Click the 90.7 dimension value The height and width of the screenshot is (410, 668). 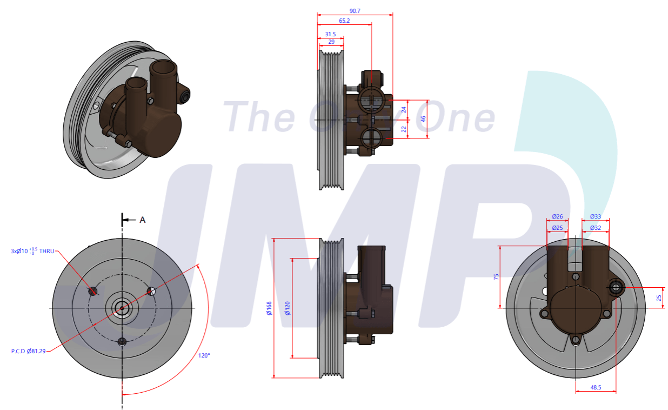(x=355, y=11)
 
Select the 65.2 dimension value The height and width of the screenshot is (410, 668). (x=344, y=21)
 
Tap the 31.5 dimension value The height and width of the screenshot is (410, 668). (x=330, y=34)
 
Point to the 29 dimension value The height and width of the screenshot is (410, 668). (x=331, y=42)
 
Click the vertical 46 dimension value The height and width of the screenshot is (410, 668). (x=424, y=119)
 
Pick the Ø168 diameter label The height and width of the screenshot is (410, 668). (x=269, y=308)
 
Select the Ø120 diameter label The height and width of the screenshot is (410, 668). (x=288, y=308)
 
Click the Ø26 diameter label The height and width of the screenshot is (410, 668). (x=557, y=216)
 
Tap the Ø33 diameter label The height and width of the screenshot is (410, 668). (x=595, y=216)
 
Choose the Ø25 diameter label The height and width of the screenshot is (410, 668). (x=557, y=228)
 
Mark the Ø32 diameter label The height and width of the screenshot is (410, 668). (x=595, y=228)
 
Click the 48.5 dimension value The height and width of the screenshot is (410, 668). (x=596, y=387)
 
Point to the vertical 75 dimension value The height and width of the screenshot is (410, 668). (x=496, y=276)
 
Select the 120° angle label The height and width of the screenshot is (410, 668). (x=204, y=355)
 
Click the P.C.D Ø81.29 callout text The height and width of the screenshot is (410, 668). (x=28, y=351)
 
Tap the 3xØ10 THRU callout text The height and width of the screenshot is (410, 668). (x=32, y=251)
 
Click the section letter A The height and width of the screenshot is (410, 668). (x=143, y=220)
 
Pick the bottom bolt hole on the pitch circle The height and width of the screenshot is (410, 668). (x=122, y=341)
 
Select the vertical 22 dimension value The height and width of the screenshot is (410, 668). (x=404, y=129)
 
